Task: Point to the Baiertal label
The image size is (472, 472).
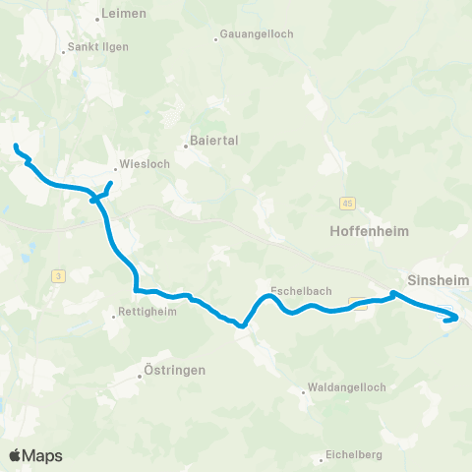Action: (214, 141)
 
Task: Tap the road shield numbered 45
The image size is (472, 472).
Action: (348, 203)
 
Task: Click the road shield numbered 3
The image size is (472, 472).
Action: (59, 276)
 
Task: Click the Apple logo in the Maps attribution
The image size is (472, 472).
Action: (17, 455)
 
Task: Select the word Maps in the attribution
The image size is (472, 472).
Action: (43, 455)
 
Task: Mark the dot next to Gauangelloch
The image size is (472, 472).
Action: (216, 39)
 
